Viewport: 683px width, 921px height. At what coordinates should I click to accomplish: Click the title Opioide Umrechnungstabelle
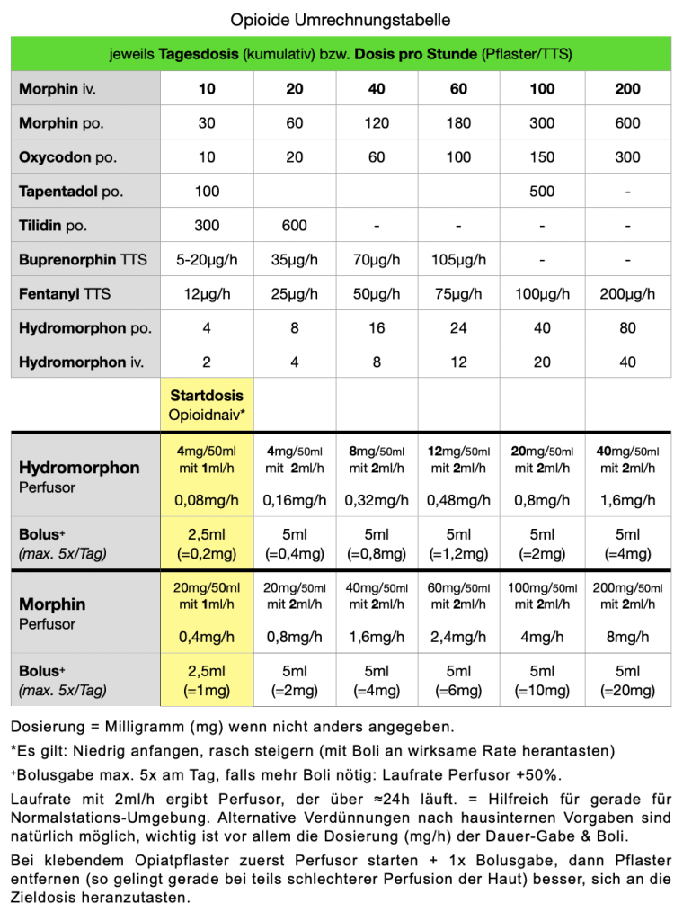tap(341, 19)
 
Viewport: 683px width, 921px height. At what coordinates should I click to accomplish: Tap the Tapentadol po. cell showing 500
tap(542, 192)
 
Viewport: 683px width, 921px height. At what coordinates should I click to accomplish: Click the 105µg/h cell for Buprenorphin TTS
tap(458, 260)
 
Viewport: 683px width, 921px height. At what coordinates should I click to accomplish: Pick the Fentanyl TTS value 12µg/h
tap(207, 294)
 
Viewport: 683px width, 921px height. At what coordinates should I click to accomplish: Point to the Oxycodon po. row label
tap(67, 157)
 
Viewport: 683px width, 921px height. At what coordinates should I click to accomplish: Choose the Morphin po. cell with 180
tap(458, 123)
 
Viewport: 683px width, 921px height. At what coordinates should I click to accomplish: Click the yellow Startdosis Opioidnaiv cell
tap(207, 405)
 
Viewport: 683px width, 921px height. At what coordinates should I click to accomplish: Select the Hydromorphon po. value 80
tap(627, 328)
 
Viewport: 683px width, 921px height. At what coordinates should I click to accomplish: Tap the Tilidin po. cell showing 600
tap(294, 226)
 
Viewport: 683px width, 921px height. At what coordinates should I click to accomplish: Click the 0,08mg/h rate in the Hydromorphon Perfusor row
tap(207, 500)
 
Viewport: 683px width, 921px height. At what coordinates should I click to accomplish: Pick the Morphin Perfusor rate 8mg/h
tap(627, 637)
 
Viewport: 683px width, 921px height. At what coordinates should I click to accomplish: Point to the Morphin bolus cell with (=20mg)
tap(627, 690)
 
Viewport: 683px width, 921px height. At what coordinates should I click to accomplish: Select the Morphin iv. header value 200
tap(627, 89)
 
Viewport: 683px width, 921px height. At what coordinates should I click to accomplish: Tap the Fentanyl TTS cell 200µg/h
tap(627, 294)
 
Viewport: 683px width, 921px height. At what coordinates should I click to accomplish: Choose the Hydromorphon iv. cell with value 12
tap(458, 362)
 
